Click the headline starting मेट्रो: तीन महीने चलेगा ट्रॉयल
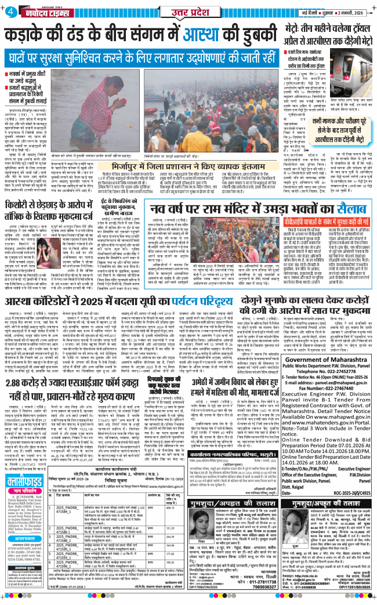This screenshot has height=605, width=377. [324, 28]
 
